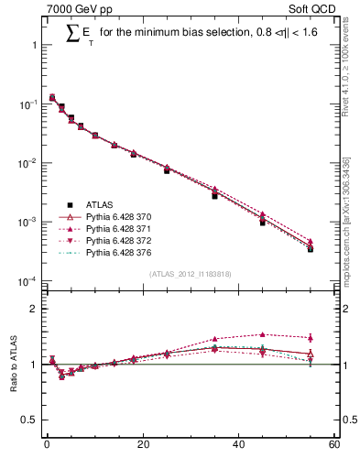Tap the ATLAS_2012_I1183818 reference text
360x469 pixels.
tap(190, 274)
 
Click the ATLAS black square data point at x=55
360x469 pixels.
tap(311, 249)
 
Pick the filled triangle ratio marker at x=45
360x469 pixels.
tap(263, 334)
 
